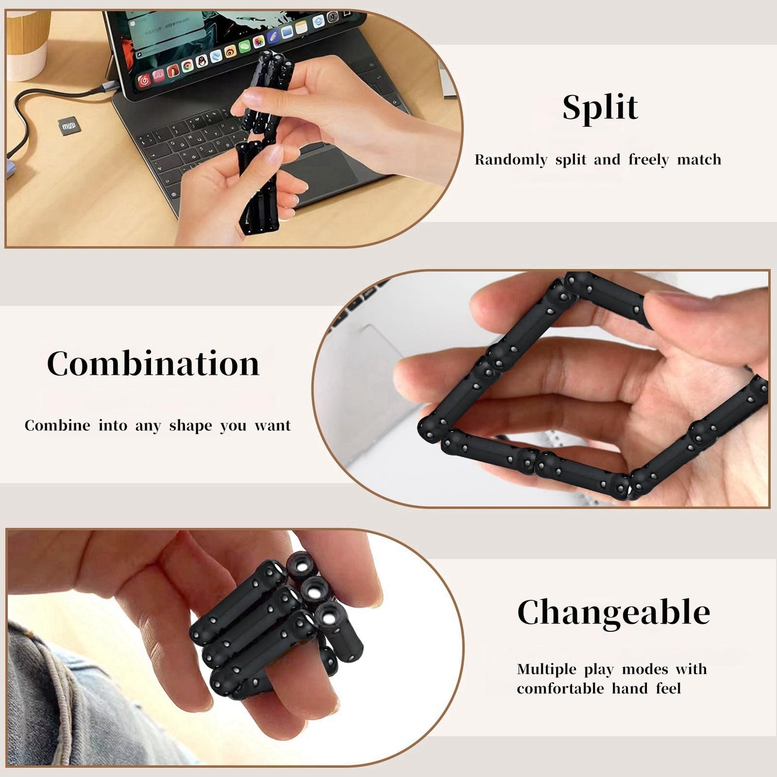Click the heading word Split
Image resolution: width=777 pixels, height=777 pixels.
click(x=600, y=108)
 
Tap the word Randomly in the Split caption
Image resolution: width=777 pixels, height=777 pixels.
click(x=511, y=160)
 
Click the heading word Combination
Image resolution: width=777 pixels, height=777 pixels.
click(x=153, y=363)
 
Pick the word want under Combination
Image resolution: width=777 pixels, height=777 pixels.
click(x=273, y=426)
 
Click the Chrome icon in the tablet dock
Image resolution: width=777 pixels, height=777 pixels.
click(x=187, y=66)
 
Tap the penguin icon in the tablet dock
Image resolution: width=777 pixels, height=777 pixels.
click(x=202, y=61)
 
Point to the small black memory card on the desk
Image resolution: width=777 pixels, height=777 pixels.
click(x=68, y=125)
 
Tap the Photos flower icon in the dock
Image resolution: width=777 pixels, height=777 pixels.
click(x=259, y=42)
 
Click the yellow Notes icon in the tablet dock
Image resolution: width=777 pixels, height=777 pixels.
click(x=301, y=27)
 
